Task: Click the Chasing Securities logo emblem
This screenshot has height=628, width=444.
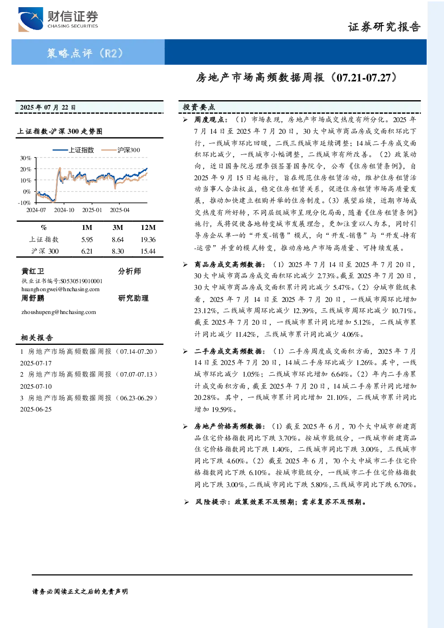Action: click(x=30, y=19)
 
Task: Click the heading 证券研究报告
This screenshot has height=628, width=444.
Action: click(x=384, y=27)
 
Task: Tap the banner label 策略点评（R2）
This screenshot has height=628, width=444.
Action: click(x=85, y=53)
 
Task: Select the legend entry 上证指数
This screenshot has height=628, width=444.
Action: click(x=73, y=150)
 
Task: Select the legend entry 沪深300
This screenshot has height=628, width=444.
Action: click(x=121, y=150)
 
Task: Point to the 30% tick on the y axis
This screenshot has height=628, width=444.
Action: click(x=25, y=158)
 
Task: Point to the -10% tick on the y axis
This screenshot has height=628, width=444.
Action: click(x=24, y=203)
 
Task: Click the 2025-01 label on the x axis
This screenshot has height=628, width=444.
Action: click(x=92, y=210)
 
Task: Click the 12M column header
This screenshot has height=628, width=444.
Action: click(x=148, y=227)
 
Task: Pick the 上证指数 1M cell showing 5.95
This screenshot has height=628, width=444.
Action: click(x=87, y=239)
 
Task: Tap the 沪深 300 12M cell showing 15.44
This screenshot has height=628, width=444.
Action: click(x=148, y=251)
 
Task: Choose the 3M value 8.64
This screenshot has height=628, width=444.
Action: click(x=118, y=239)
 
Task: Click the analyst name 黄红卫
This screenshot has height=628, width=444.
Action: click(x=33, y=271)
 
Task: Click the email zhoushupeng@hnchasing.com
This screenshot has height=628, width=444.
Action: click(x=59, y=312)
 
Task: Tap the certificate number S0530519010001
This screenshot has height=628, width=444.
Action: click(x=81, y=281)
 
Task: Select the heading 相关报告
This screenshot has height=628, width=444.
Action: click(x=37, y=338)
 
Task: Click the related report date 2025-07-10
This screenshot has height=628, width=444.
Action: click(x=36, y=386)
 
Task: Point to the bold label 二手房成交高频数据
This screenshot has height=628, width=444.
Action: click(x=228, y=351)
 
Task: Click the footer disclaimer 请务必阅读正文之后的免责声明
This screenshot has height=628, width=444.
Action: click(x=80, y=592)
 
